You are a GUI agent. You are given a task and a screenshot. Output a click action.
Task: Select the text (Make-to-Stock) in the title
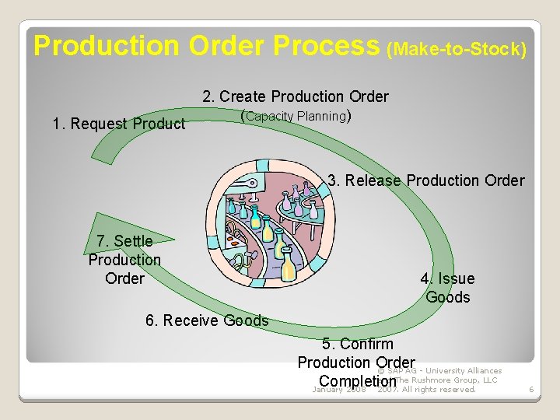[457, 50]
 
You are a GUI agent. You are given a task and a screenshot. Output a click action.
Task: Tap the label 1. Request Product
[118, 124]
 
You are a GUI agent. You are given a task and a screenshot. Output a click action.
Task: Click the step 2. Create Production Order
[296, 96]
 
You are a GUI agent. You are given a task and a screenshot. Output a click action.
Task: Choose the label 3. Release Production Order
[426, 180]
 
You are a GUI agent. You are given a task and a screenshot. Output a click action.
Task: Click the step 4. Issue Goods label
[447, 288]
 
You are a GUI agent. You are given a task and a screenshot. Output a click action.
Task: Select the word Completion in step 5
[357, 382]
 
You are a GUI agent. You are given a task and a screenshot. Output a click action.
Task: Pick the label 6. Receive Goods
[207, 320]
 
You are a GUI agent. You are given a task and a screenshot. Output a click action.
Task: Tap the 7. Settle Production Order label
[124, 260]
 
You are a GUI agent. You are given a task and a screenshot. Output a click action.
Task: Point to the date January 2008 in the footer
[338, 390]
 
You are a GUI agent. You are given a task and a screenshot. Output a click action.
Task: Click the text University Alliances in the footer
[464, 371]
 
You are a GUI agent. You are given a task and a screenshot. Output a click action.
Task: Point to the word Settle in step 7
[132, 241]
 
